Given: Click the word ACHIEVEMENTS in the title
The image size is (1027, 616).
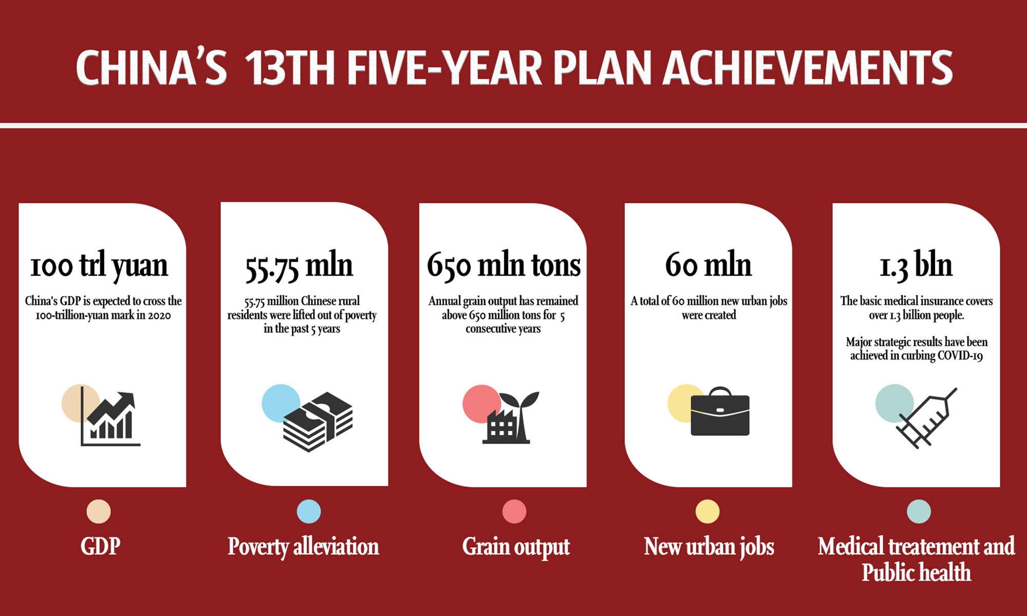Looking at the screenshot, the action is [x=808, y=67].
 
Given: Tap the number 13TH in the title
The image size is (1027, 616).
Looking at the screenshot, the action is [x=290, y=67].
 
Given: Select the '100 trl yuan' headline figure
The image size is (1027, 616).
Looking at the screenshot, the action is [x=99, y=266].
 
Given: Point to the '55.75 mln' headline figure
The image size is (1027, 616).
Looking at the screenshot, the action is [x=299, y=266].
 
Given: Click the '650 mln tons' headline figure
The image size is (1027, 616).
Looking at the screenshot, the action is [x=504, y=266].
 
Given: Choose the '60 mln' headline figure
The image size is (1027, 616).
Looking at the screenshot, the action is [x=708, y=265].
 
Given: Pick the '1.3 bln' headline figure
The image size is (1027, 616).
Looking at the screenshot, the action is [x=916, y=266].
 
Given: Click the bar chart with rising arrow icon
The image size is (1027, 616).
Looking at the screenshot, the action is [x=110, y=418].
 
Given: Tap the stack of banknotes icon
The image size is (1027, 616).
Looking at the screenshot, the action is [x=318, y=422].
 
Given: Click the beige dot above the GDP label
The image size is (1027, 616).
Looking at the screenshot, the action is [x=99, y=511].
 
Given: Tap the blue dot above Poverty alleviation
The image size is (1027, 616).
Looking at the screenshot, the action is [x=309, y=511].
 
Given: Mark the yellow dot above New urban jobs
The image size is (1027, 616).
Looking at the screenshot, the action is [x=708, y=511].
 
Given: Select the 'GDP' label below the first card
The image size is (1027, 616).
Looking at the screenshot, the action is [x=100, y=546].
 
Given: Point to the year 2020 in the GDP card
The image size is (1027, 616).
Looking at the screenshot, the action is [x=159, y=315].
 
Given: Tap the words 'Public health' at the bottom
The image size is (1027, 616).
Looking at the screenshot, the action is [x=917, y=572].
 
